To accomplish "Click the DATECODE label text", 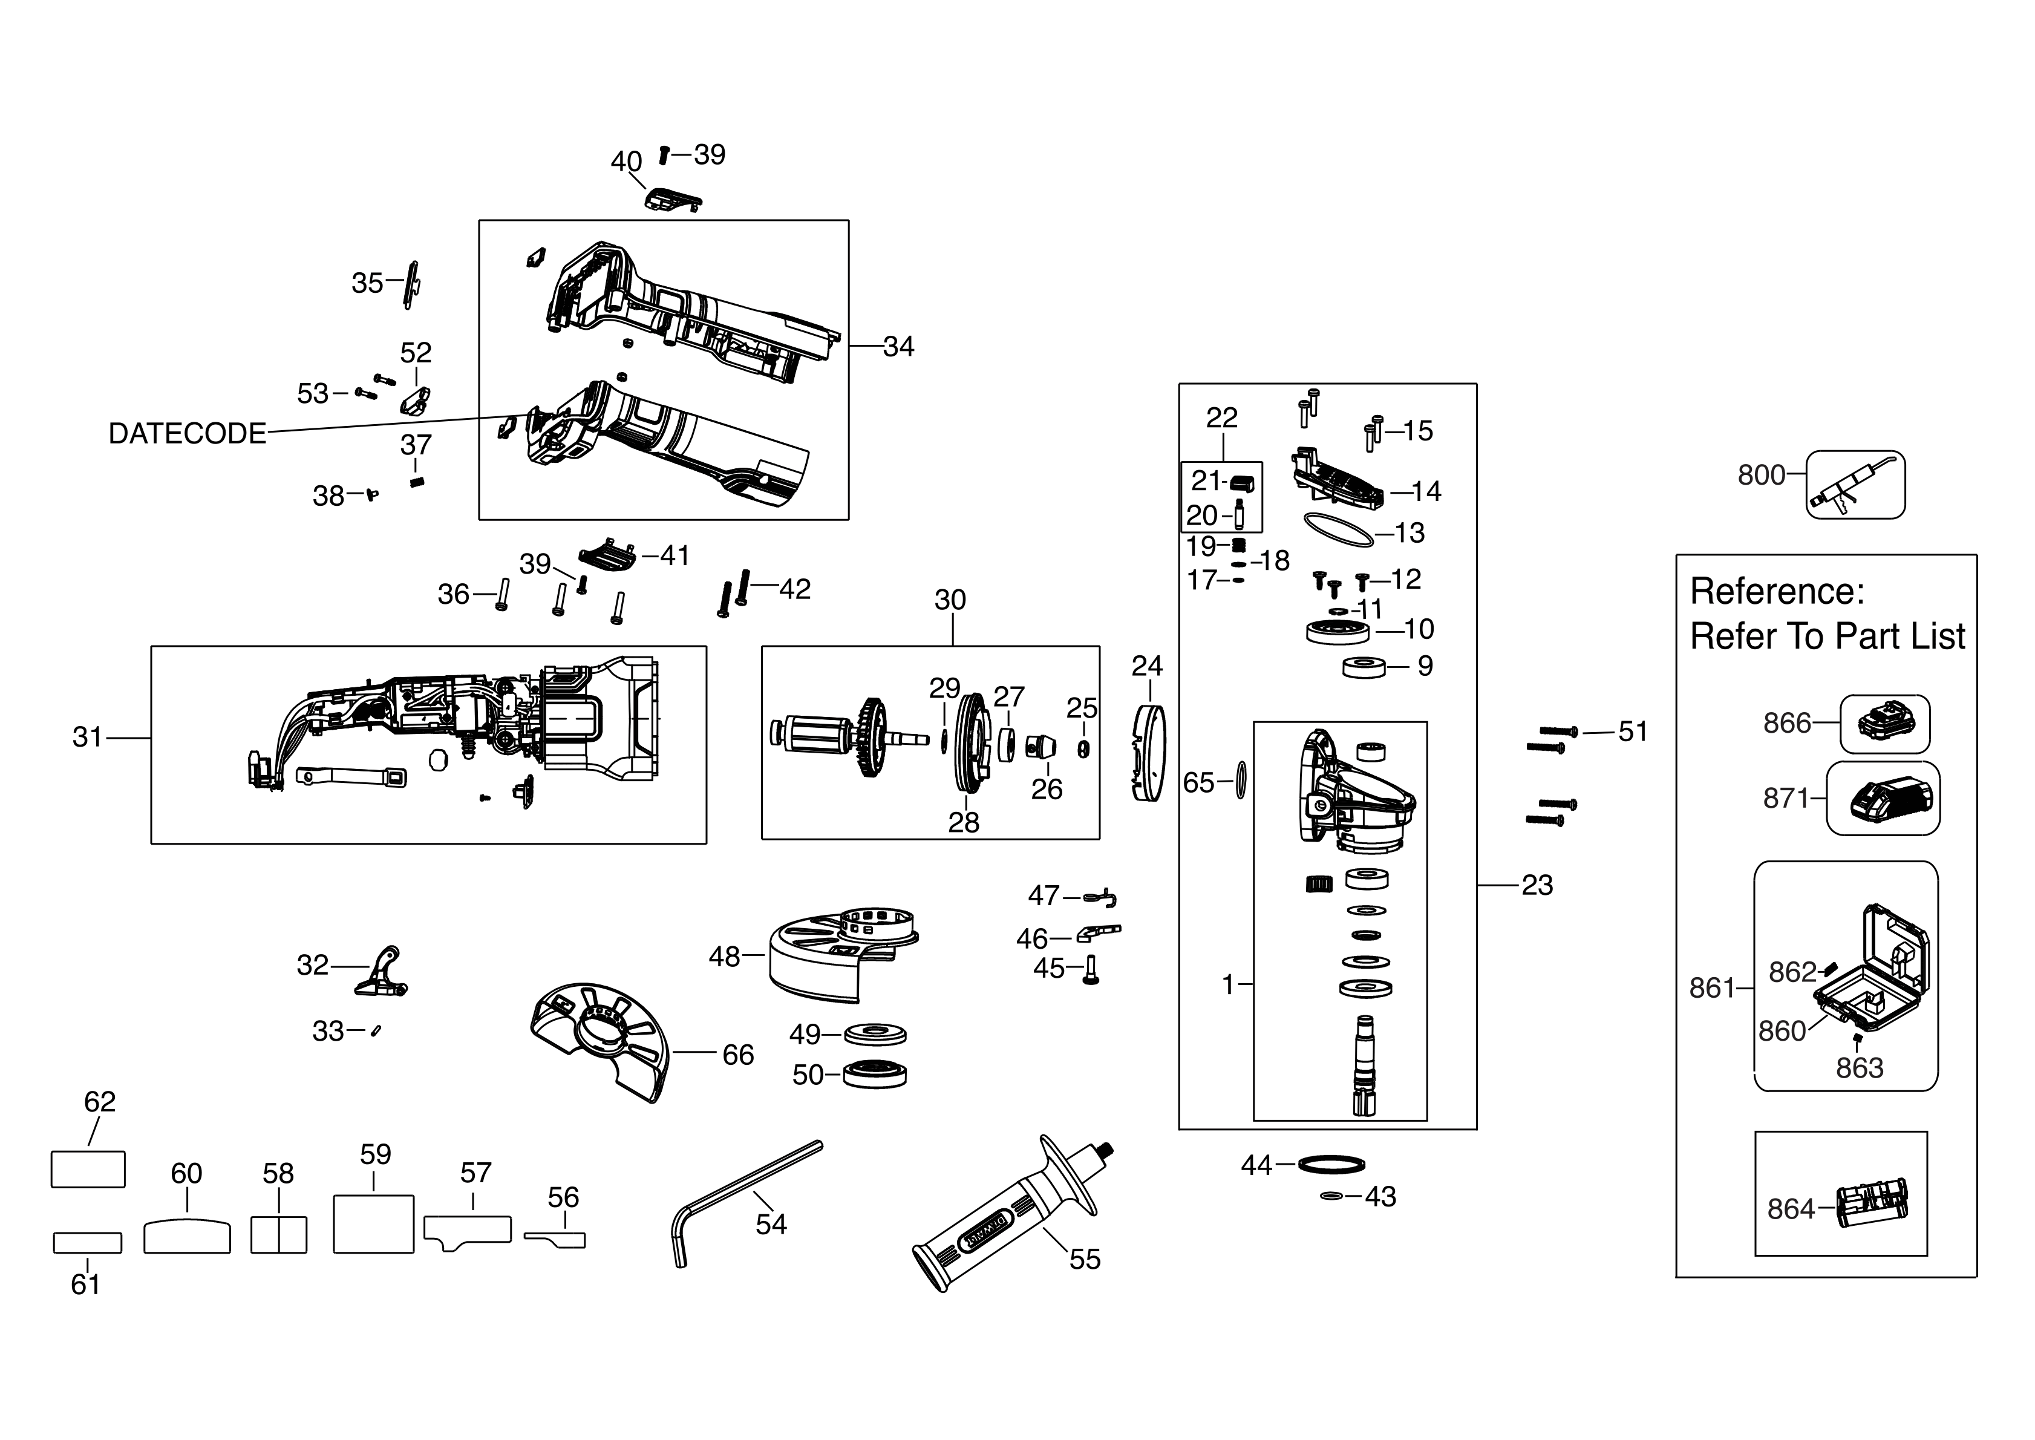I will [x=187, y=434].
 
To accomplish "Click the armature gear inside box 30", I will [x=871, y=738].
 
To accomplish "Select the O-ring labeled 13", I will [x=1338, y=531].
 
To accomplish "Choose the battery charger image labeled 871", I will [x=1883, y=798].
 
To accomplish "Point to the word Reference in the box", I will [x=1776, y=592].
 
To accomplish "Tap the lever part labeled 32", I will [x=384, y=973].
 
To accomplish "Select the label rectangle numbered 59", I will [x=373, y=1223].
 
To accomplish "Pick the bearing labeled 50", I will [x=874, y=1074].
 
